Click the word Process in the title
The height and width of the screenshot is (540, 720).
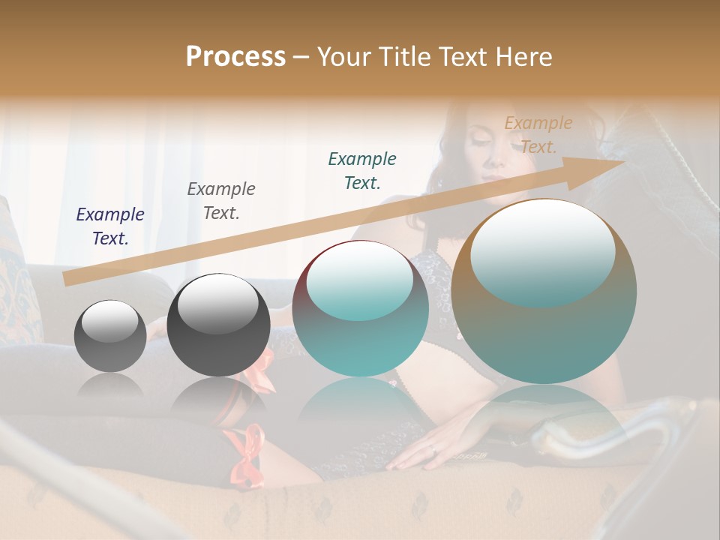[x=235, y=57]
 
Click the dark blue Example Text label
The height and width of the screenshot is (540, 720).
[x=110, y=226]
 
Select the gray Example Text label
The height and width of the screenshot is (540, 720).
[x=221, y=200]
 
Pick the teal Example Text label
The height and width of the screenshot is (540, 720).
[x=362, y=170]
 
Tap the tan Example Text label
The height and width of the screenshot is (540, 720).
[x=538, y=134]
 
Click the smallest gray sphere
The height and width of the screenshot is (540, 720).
[x=110, y=336]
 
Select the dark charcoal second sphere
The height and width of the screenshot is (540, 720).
[x=217, y=325]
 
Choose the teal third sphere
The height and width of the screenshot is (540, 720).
[x=361, y=308]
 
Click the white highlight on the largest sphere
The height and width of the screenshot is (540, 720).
[x=542, y=251]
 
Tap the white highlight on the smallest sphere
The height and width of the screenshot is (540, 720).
[x=109, y=321]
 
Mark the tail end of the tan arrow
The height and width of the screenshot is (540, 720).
[x=65, y=279]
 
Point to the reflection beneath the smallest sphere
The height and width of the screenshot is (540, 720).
[x=110, y=386]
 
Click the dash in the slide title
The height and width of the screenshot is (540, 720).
[x=301, y=57]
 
